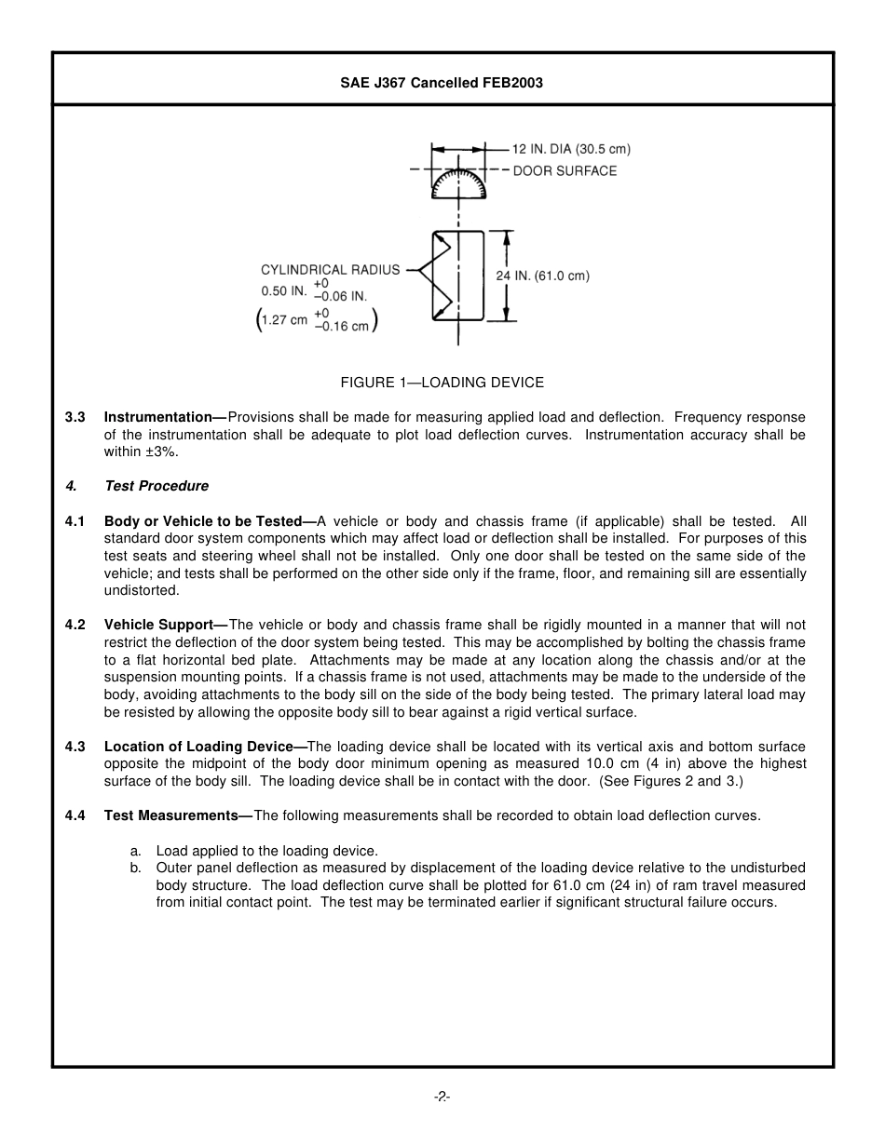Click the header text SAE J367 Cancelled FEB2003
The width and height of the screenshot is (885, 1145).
442,83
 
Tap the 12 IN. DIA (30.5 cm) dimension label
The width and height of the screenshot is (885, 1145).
571,149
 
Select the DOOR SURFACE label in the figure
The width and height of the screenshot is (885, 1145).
565,171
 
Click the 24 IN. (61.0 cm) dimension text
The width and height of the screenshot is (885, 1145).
542,276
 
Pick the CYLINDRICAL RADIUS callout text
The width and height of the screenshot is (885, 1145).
330,270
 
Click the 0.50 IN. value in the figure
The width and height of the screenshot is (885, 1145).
284,290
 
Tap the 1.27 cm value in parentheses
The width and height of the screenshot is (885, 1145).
284,320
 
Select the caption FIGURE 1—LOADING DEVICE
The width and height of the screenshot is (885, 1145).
442,383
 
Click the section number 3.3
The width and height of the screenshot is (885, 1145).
75,418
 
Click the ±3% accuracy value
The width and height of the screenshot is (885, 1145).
159,452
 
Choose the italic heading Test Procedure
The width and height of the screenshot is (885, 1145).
157,486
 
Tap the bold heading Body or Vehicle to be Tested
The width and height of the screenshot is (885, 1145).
203,521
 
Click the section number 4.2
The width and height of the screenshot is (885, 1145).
75,625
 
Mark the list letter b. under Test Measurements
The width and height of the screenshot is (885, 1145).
135,869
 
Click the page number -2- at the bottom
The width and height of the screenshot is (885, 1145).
442,1098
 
